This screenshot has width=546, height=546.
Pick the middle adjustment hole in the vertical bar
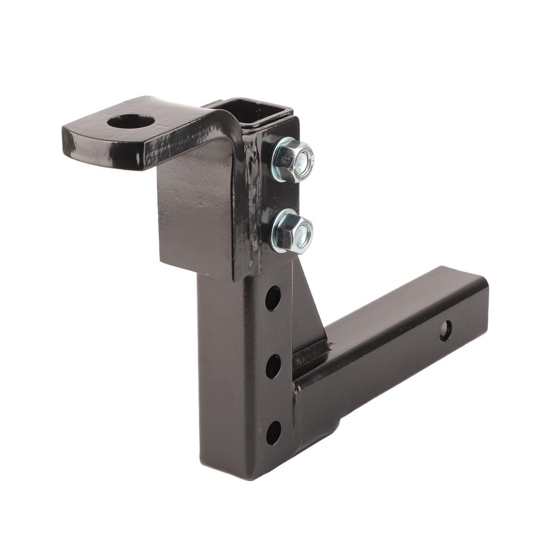pos(273,366)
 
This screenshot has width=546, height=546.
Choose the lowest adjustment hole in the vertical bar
pos(273,432)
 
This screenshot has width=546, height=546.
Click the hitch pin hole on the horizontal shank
pos(445,331)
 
